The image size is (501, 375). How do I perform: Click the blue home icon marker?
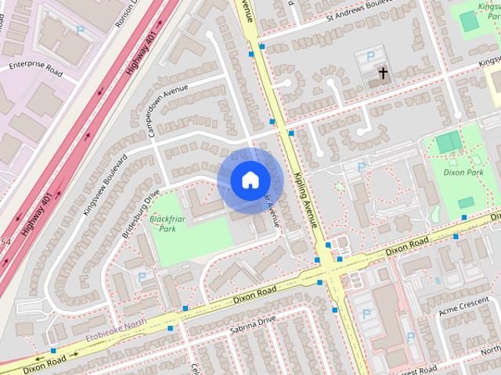[x=249, y=180]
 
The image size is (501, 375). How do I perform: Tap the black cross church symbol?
[x=383, y=74]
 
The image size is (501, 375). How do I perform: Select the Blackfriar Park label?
[x=163, y=224]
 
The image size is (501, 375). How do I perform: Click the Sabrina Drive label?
[x=253, y=325]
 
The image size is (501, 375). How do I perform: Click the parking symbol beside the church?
[x=369, y=56]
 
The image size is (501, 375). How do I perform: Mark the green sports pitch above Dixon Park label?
[x=448, y=142]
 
